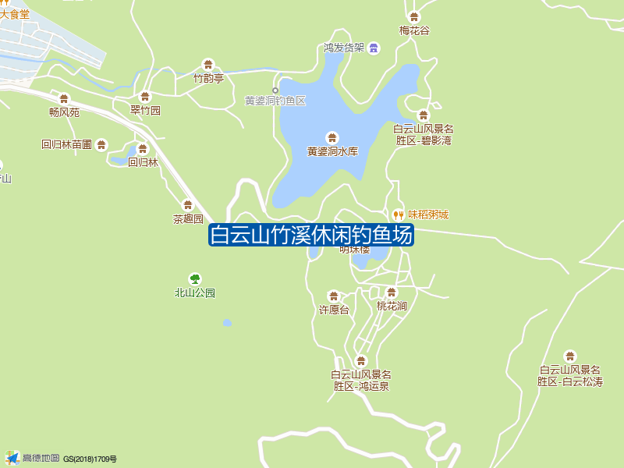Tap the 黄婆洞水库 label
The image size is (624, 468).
(332, 151)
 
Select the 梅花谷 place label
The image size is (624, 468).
(414, 30)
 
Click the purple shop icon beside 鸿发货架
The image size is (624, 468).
(374, 48)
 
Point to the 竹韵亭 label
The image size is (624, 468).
(208, 78)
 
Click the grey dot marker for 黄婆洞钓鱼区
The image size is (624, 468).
(275, 90)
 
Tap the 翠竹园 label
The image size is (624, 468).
(145, 111)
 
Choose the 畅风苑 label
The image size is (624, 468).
(64, 112)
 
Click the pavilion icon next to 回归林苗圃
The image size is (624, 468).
(101, 144)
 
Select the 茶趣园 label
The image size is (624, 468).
(188, 219)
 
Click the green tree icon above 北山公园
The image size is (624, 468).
(194, 278)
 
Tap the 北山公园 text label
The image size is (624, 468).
(194, 293)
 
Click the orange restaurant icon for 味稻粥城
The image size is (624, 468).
(398, 214)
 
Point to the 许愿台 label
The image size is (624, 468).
(334, 310)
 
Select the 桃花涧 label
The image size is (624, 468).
(392, 306)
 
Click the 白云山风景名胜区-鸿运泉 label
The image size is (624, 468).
(361, 380)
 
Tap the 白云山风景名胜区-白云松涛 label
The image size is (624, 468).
(570, 375)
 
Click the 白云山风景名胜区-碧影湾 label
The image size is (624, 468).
(424, 135)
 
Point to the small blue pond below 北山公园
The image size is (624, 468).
(227, 322)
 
